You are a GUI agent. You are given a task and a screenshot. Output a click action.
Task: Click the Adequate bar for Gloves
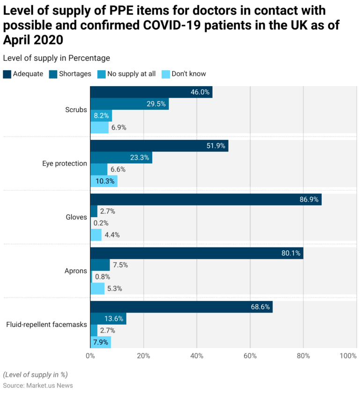point(206,199)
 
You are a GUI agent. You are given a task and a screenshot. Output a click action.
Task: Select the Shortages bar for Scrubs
point(129,104)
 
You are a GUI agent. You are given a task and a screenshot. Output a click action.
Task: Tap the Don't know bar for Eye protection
point(103,181)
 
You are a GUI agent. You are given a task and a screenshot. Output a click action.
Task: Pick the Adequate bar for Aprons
point(197,253)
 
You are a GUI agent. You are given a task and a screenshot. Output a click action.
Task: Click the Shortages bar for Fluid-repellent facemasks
point(108,319)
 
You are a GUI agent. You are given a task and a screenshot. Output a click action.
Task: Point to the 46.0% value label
point(200,92)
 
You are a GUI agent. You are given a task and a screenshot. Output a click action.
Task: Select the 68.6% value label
point(260,307)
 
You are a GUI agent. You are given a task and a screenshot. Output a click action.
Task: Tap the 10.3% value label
point(105,181)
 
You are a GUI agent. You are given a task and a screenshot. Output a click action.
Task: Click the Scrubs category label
point(76,110)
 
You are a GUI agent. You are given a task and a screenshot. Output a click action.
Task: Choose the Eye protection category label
point(64,163)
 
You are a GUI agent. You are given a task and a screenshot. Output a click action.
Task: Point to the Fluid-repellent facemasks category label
point(46,324)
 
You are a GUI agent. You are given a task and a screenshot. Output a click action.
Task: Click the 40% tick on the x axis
point(197,356)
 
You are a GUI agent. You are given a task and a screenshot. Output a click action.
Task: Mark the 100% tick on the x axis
point(348,356)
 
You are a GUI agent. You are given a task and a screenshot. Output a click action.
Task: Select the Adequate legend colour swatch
point(7,74)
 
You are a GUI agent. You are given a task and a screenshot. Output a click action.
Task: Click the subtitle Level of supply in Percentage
point(56,58)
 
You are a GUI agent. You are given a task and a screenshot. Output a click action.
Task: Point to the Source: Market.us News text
point(38,385)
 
